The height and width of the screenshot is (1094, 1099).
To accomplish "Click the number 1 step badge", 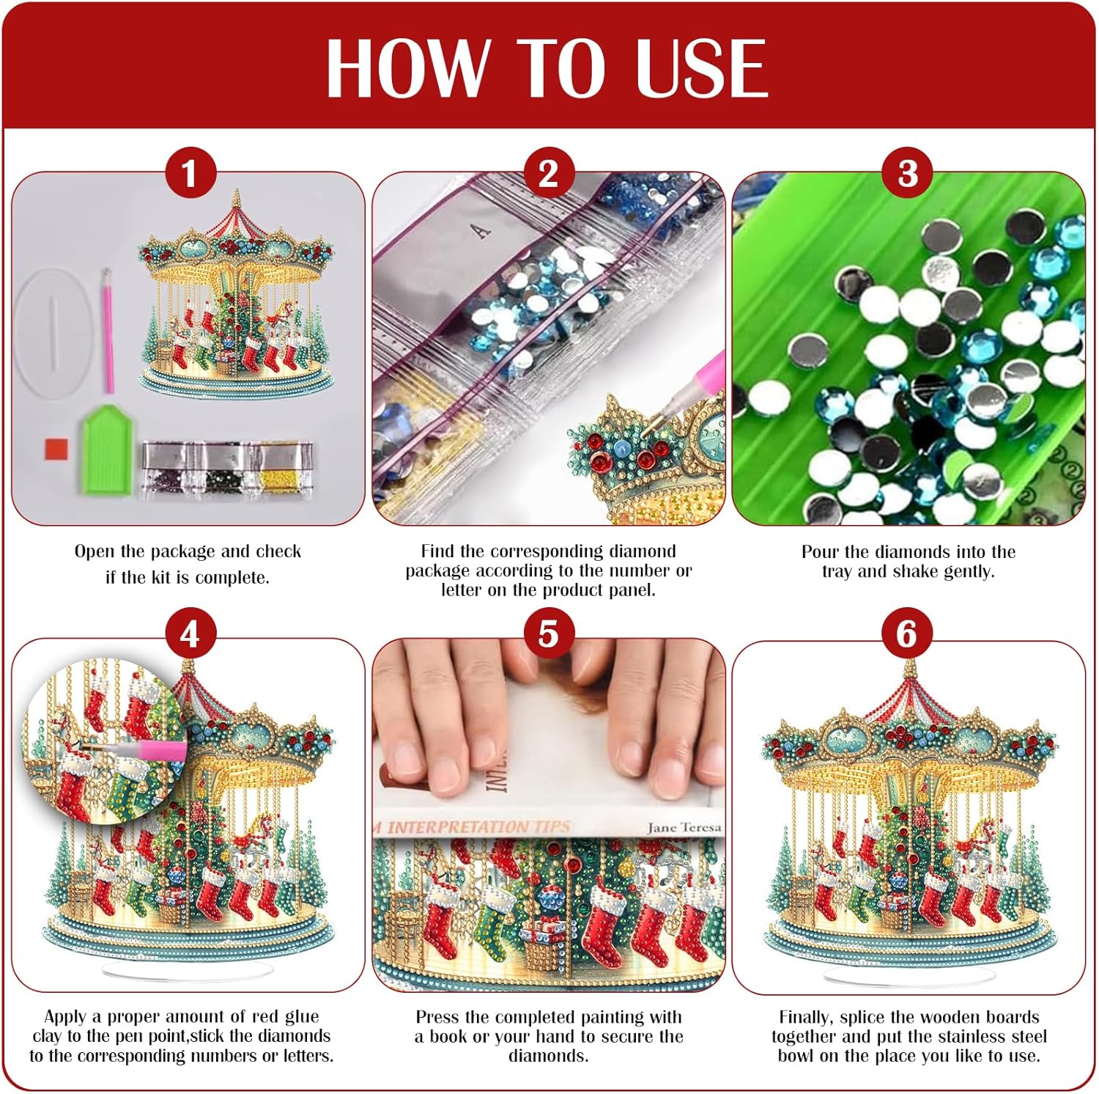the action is click(x=189, y=175).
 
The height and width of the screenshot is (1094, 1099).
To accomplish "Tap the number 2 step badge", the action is click(x=548, y=175).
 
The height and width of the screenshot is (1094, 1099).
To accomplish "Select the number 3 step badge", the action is click(x=908, y=175).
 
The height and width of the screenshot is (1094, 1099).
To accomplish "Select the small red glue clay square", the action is click(x=56, y=449).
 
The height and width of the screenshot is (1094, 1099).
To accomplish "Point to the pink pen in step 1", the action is click(x=108, y=331).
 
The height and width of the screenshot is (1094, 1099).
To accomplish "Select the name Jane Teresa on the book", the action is click(x=684, y=827).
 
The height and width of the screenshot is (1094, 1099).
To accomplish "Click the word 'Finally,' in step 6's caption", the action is click(x=807, y=1018).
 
